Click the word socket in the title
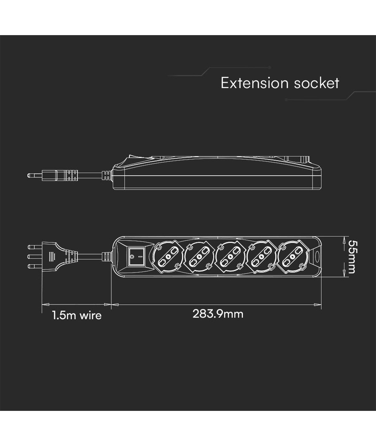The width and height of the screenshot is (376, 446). click(x=317, y=83)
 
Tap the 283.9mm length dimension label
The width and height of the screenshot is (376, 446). click(x=218, y=314)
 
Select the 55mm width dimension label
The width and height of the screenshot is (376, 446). click(x=352, y=256)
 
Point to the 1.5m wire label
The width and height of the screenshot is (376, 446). click(x=76, y=316)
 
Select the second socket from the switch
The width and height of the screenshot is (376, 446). click(x=199, y=256)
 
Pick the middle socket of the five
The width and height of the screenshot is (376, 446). click(x=230, y=256)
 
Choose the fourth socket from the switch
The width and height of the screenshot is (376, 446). click(x=262, y=256)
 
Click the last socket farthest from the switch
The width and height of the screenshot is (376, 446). click(x=293, y=256)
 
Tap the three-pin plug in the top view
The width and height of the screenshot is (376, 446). click(x=58, y=256)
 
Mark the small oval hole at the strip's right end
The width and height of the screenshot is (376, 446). click(x=317, y=256)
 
